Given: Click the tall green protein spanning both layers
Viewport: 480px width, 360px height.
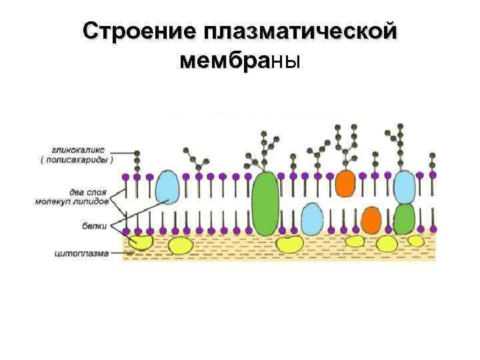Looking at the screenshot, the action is click(x=265, y=203).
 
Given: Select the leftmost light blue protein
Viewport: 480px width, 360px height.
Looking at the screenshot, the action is click(x=167, y=187).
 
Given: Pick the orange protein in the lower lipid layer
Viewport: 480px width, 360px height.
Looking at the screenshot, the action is click(x=371, y=219).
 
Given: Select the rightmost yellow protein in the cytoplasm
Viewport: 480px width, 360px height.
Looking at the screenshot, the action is click(x=415, y=241).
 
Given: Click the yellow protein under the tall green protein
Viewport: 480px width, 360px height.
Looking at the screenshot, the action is click(x=289, y=243).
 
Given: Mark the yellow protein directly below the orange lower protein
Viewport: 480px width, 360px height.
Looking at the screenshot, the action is click(x=386, y=244).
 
